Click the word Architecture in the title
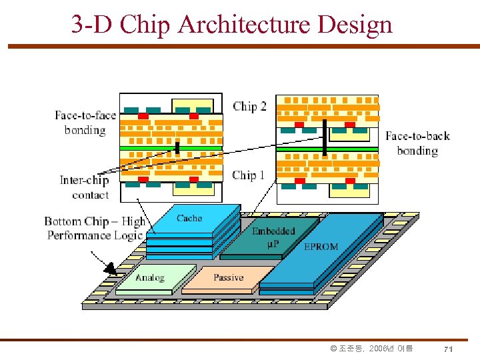click(x=245, y=25)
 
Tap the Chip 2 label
click(x=249, y=106)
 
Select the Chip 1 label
click(x=249, y=175)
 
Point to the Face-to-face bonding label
click(x=85, y=123)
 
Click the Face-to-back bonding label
click(x=417, y=143)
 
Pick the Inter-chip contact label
click(x=84, y=187)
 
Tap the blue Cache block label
click(x=189, y=218)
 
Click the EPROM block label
click(x=321, y=247)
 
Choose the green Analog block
click(x=149, y=278)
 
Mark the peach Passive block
click(x=228, y=278)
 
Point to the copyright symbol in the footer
click(x=333, y=349)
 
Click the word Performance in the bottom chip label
click(x=79, y=235)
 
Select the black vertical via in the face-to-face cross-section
click(x=177, y=146)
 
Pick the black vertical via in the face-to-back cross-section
click(x=325, y=137)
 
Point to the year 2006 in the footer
click(x=381, y=349)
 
